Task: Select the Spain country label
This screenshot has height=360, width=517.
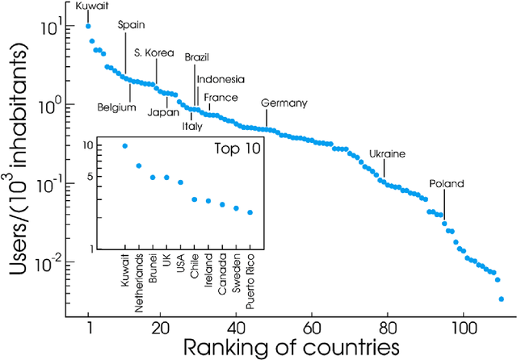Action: pos(132,25)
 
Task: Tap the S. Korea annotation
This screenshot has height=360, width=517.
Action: pos(154,53)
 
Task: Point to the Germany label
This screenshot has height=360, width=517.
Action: pos(284,103)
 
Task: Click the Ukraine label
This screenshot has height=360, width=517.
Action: pos(387,153)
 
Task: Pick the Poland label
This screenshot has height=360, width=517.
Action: pos(447,184)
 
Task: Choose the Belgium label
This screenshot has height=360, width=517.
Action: pos(116,107)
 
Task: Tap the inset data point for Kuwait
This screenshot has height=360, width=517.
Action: pos(124,146)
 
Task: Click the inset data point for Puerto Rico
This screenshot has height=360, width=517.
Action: pos(250,213)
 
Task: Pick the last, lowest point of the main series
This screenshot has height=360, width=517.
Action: pos(502,299)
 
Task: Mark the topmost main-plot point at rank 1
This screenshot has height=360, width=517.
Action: pos(89,26)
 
